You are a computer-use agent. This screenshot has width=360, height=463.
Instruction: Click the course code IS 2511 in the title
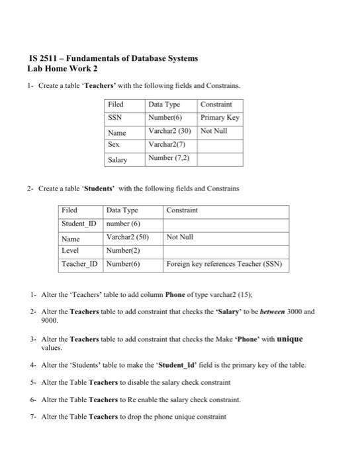tap(43, 58)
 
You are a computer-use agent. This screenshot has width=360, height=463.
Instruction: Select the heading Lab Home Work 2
tap(62, 68)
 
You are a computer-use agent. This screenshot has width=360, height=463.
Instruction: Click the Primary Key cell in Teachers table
tap(220, 118)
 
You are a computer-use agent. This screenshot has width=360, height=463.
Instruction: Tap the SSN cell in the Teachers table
tap(117, 118)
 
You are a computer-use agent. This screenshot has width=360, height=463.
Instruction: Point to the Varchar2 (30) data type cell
tap(170, 131)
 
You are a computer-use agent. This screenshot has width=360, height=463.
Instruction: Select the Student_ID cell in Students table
tap(80, 224)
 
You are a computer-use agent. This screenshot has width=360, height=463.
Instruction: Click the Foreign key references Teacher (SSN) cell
tap(225, 265)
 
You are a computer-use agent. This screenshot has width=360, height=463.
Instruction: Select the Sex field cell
tap(114, 144)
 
